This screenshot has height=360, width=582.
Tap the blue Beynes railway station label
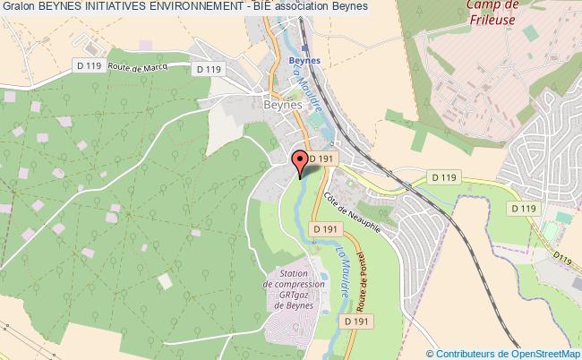[306, 61]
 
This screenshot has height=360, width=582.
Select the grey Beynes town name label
[285, 105]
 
